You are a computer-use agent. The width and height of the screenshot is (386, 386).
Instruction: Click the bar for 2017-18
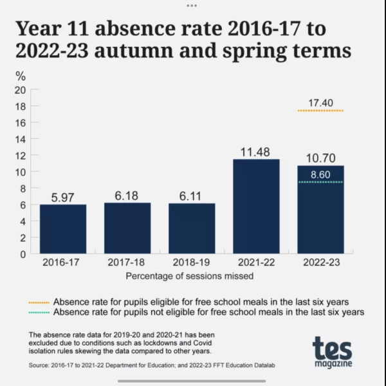point(127,228)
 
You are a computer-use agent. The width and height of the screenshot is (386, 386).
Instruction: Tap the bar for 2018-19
point(192,228)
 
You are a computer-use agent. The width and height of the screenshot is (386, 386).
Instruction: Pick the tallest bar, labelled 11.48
point(256,206)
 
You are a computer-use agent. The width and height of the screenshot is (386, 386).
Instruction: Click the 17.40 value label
point(320,102)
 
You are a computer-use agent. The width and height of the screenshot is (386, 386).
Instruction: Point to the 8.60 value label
point(320,174)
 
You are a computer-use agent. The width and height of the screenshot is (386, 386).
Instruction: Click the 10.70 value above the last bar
point(320,158)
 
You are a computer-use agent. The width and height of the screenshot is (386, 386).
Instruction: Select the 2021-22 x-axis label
point(256,263)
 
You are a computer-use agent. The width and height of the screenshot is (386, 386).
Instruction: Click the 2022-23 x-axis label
point(320,263)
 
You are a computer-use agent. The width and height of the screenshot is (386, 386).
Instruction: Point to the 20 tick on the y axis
point(21,89)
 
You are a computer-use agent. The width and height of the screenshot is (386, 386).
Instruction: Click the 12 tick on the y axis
point(21,155)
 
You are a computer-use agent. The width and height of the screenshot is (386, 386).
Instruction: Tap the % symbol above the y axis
point(21,75)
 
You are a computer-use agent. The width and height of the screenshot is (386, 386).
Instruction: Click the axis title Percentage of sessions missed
point(189,276)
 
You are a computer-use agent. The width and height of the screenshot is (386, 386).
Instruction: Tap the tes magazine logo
point(332,353)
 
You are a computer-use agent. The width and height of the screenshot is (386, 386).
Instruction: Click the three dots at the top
point(192,5)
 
